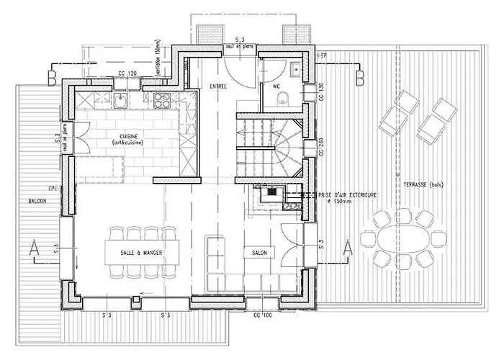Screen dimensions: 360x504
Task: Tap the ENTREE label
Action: pos(218,86)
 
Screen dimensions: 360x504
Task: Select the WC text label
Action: pos(276,86)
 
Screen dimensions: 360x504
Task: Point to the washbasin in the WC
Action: pos(296,69)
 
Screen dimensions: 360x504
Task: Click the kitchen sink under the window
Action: pos(121,99)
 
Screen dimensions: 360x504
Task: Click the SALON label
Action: pos(259,253)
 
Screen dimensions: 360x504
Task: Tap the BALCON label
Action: pos(37,201)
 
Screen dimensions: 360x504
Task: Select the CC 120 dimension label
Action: pos(127,74)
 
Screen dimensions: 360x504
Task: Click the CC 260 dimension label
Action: pos(320,148)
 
